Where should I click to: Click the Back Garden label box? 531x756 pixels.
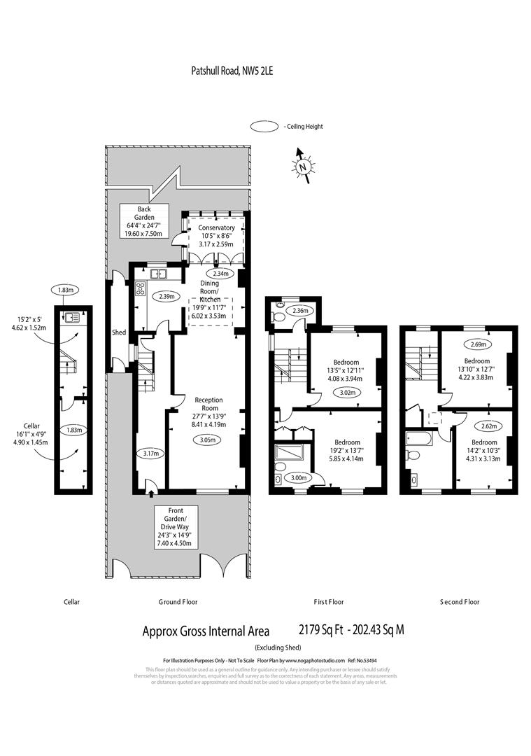[143, 221]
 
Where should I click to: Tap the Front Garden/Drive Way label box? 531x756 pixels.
[176, 527]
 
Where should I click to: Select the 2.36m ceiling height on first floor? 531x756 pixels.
[299, 311]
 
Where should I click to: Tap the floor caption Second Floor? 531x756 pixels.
[460, 601]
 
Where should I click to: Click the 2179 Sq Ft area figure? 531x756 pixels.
[323, 629]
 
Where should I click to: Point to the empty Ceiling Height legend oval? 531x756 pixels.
[265, 127]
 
